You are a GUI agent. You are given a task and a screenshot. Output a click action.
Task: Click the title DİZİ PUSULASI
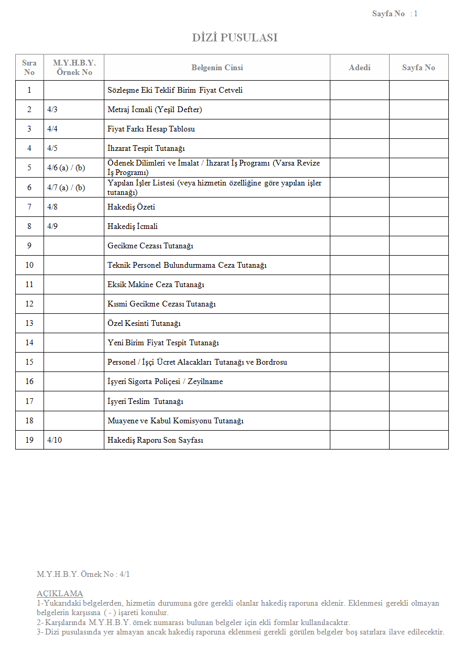234,38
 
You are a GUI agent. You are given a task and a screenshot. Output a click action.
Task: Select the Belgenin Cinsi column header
217,68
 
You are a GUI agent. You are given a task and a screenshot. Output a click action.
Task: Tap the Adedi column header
359,68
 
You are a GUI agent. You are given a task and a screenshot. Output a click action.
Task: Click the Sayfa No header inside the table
418,68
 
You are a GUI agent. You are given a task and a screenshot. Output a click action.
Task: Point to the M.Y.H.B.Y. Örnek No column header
74,68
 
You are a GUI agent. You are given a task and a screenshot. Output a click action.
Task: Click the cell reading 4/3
52,110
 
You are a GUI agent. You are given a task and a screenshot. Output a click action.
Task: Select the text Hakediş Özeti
131,207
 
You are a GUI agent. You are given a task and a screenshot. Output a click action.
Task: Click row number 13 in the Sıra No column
29,323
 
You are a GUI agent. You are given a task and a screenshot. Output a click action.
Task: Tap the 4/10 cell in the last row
55,440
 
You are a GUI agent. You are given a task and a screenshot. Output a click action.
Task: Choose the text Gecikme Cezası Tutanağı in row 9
150,246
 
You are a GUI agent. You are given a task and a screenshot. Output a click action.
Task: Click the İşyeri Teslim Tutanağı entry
145,401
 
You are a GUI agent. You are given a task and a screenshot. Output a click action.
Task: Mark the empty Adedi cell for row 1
359,90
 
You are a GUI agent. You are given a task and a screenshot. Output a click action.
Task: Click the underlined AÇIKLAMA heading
60,594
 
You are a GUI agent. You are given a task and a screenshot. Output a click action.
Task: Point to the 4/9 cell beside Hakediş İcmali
52,226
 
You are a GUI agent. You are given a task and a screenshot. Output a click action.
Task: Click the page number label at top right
394,14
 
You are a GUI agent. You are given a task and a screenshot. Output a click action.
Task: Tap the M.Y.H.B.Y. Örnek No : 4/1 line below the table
83,574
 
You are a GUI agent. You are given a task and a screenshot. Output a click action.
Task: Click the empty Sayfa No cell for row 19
418,440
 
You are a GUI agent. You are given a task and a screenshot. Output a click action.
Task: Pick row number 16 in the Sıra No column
29,381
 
